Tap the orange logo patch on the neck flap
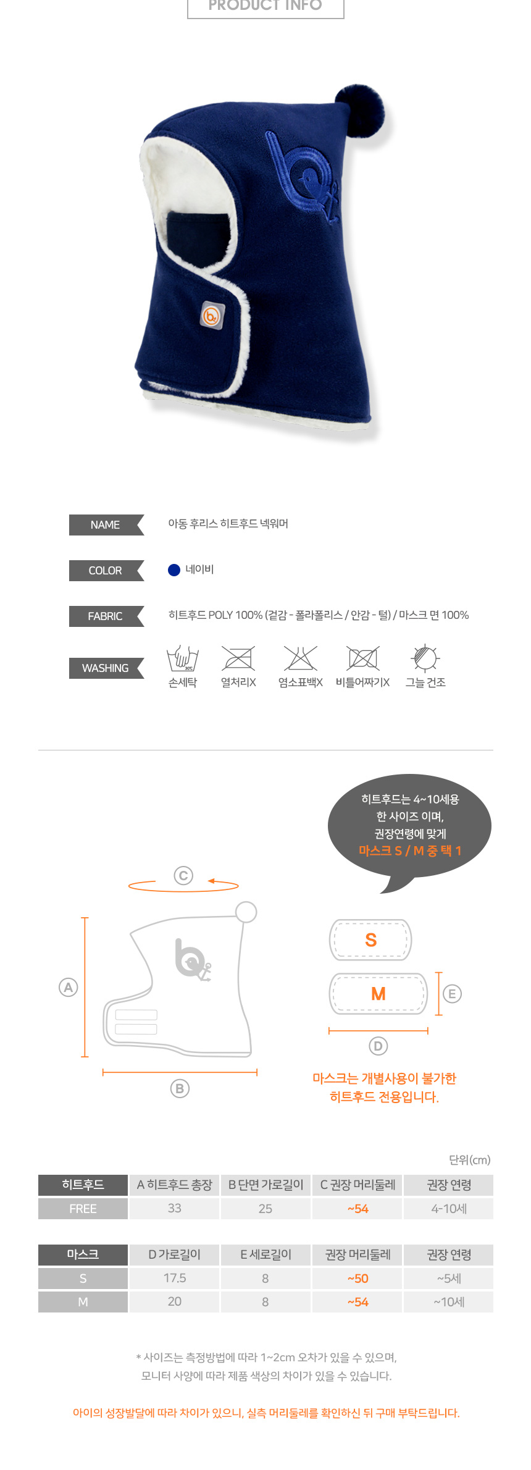212,315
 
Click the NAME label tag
106,525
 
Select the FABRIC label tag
106,616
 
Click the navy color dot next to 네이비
174,570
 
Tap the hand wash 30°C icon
183,658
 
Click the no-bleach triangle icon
300,658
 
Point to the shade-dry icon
425,658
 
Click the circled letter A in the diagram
68,987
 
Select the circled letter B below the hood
180,1088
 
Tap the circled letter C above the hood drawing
183,875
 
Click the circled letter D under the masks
378,1046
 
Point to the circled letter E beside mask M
452,994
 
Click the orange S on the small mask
370,940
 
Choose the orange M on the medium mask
378,994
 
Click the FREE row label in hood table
83,1209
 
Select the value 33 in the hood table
175,1208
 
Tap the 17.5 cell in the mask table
175,1278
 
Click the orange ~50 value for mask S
357,1279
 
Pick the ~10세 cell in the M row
449,1302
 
